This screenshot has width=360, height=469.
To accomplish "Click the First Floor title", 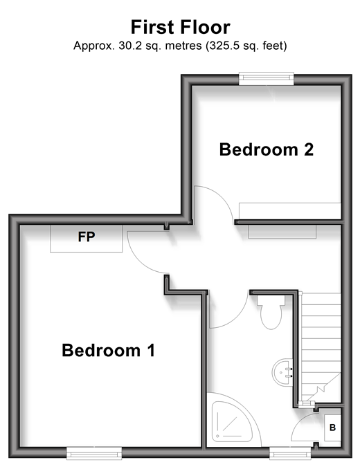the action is point(181,27).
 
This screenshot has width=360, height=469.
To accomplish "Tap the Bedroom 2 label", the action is point(267,149).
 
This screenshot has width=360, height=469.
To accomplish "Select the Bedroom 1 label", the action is point(108,350).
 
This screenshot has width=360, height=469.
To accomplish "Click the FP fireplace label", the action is point(87,237).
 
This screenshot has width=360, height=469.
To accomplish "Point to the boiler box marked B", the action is point(332,427).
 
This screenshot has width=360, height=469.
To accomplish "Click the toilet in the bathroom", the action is point(271,312).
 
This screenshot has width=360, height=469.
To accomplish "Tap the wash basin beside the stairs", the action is point(282,372).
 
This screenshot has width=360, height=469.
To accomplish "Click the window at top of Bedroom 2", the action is point(267,78).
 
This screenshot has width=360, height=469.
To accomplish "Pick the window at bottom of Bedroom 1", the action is point(94,453).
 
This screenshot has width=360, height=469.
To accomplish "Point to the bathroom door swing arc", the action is point(238,319).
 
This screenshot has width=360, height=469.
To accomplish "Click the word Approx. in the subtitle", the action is point(94,46).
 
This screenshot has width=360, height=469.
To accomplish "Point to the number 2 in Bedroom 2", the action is point(309,149).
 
